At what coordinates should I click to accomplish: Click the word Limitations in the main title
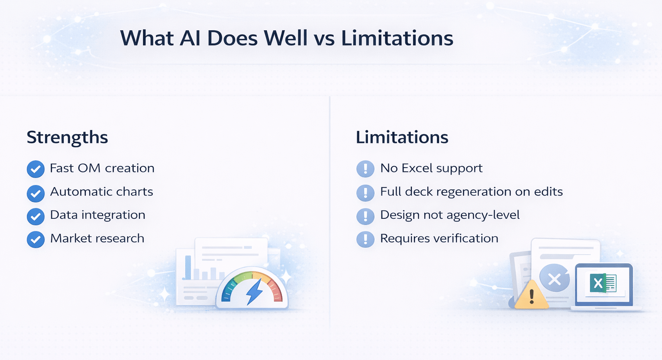pyautogui.click(x=397, y=38)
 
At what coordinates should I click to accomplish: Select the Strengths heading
pyautogui.click(x=67, y=137)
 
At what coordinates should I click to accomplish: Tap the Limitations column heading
pyautogui.click(x=402, y=137)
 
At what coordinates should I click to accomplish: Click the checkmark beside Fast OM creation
pyautogui.click(x=36, y=169)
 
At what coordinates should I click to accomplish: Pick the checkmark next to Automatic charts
pyautogui.click(x=36, y=193)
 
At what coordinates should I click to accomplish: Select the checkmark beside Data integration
pyautogui.click(x=36, y=216)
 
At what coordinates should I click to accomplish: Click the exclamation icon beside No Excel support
pyautogui.click(x=365, y=169)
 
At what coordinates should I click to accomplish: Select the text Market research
pyautogui.click(x=97, y=238)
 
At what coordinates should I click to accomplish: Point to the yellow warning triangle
pyautogui.click(x=531, y=296)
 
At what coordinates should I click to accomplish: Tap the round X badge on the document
pyautogui.click(x=554, y=279)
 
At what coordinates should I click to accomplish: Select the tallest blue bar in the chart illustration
pyautogui.click(x=188, y=267)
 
